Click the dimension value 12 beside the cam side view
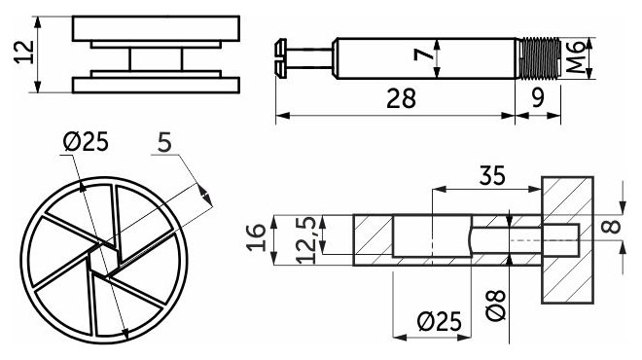pyautogui.click(x=24, y=52)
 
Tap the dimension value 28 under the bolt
pyautogui.click(x=401, y=98)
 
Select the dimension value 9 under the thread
pyautogui.click(x=538, y=98)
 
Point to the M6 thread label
pyautogui.click(x=577, y=57)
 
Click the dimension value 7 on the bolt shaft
pyautogui.click(x=424, y=54)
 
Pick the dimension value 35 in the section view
pyautogui.click(x=492, y=175)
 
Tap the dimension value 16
pyautogui.click(x=257, y=237)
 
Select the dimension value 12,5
pyautogui.click(x=307, y=240)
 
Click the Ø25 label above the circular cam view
pyautogui.click(x=86, y=142)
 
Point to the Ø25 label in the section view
pyautogui.click(x=440, y=321)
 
